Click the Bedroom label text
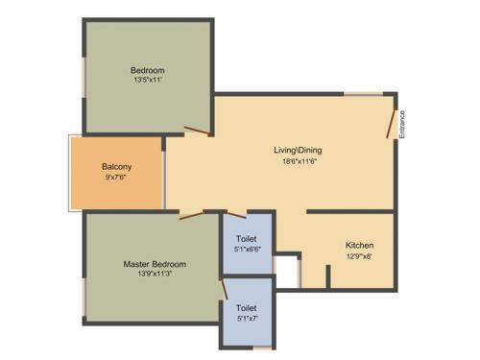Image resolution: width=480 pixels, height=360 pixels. (x=148, y=70)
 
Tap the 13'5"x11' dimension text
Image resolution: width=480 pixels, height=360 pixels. (x=148, y=81)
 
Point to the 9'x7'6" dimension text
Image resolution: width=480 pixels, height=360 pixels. (x=116, y=178)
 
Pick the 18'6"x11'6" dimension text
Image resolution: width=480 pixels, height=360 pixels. (x=300, y=161)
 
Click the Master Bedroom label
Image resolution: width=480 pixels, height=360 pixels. (x=154, y=264)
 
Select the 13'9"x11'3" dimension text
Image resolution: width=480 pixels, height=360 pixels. (x=154, y=275)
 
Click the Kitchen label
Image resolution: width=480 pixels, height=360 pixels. (x=359, y=246)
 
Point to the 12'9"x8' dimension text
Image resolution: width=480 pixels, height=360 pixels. (x=359, y=256)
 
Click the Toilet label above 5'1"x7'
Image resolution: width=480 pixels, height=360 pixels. (x=247, y=308)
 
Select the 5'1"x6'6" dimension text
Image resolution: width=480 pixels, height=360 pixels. (x=247, y=250)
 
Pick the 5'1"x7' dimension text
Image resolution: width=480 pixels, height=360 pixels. (x=247, y=319)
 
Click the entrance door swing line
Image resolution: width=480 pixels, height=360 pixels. (x=391, y=122)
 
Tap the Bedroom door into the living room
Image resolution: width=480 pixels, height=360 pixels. (x=197, y=131)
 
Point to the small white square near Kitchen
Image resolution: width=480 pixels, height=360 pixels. (x=287, y=270)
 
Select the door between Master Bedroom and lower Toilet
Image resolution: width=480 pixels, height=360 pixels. (x=224, y=288)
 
